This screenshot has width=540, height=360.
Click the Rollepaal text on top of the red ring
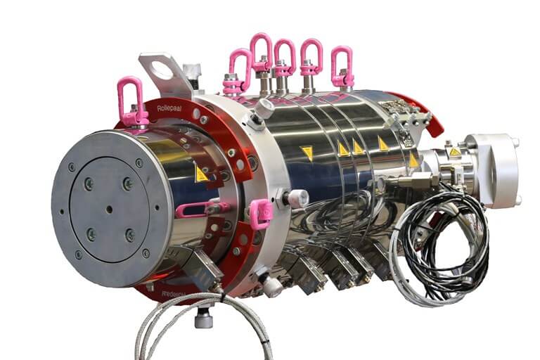(x=169, y=108)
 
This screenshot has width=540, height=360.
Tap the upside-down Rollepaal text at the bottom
(x=173, y=294)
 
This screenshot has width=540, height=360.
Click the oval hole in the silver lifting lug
(x=162, y=70)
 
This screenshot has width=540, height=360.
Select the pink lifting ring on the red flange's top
(x=131, y=101)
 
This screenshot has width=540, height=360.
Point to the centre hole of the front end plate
(x=109, y=209)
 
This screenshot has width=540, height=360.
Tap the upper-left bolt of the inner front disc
(x=89, y=184)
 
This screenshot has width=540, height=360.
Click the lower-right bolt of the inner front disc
(x=130, y=236)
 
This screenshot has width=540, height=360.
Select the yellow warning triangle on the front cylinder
(x=201, y=174)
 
